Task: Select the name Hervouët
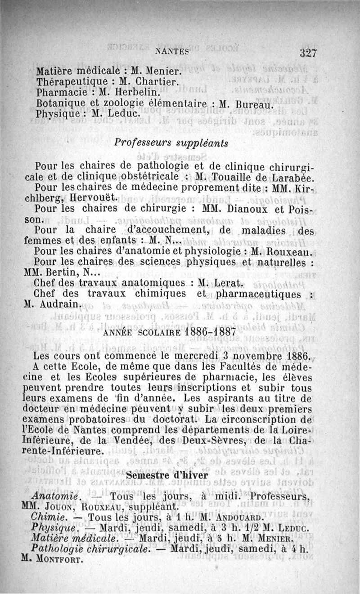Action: point(94,197)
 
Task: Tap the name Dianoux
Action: point(247,208)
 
